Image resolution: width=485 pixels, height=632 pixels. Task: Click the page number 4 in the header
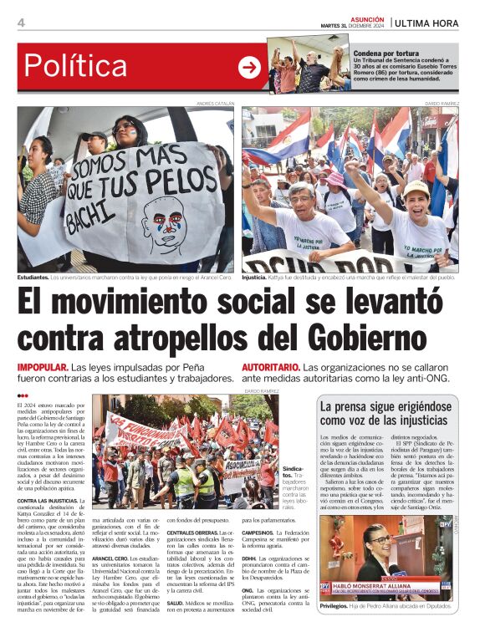click(21, 23)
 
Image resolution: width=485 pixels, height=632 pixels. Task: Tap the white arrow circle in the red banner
click(249, 68)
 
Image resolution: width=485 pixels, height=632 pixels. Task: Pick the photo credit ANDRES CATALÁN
click(215, 103)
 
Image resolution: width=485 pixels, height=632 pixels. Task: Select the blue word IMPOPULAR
click(43, 368)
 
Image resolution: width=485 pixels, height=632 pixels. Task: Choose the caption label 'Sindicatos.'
click(293, 471)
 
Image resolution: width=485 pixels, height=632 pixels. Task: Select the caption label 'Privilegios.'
click(334, 605)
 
